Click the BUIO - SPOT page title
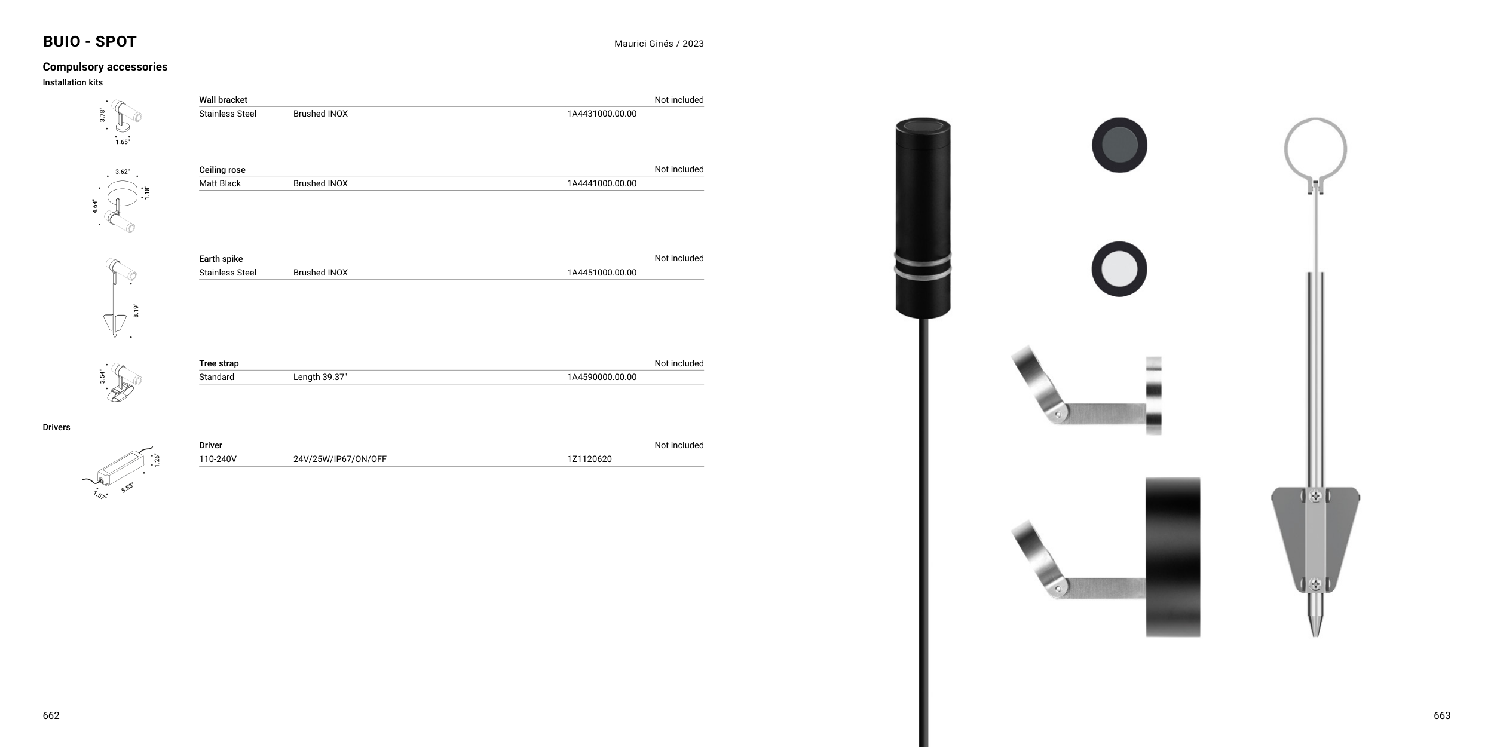[90, 42]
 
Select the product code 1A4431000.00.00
[602, 114]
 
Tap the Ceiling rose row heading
[222, 170]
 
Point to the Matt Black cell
[220, 183]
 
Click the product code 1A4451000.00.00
[602, 273]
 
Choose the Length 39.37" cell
[320, 377]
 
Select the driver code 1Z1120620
[589, 459]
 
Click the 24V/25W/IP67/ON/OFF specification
[340, 459]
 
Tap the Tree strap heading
[219, 363]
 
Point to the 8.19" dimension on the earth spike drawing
[136, 310]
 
